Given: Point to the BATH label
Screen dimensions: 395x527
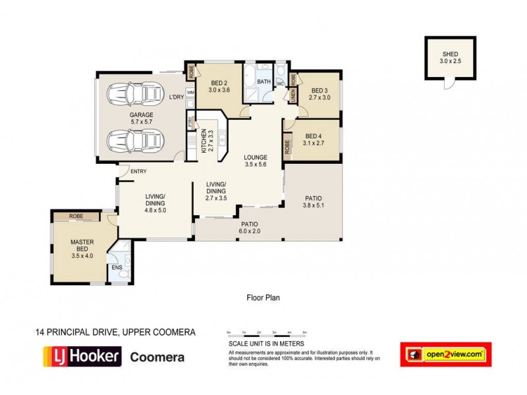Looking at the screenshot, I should [264, 82].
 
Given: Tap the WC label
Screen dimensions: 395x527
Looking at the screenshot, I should [280, 84].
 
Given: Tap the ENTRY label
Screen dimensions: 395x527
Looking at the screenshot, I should [138, 172].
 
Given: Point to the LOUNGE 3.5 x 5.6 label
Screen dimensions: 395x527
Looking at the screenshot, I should [255, 161].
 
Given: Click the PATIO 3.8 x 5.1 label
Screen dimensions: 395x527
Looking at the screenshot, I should [314, 201].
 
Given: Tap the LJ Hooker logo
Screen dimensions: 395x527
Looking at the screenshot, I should [82, 357].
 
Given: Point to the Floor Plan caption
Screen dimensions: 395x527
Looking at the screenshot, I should [263, 298].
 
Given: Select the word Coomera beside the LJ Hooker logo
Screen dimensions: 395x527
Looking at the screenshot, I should [156, 357].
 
